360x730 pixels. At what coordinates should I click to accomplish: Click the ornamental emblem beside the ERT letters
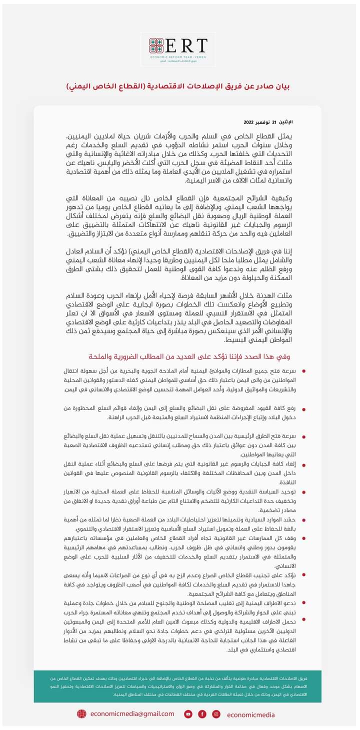point(156,46)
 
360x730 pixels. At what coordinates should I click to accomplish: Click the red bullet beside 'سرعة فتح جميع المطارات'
point(304,371)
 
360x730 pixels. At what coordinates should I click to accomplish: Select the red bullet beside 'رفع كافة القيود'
point(304,409)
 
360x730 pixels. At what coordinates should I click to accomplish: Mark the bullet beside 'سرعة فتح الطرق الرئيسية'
point(304,436)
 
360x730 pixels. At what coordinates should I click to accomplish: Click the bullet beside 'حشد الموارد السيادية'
point(304,520)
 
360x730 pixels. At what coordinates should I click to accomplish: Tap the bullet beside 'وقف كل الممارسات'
point(304,538)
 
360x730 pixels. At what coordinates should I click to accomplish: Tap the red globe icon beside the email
point(81,714)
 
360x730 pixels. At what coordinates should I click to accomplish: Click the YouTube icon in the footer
point(188,714)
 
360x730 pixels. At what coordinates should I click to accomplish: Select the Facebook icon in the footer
point(202,714)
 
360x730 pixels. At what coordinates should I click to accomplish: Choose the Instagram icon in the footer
point(216,714)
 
